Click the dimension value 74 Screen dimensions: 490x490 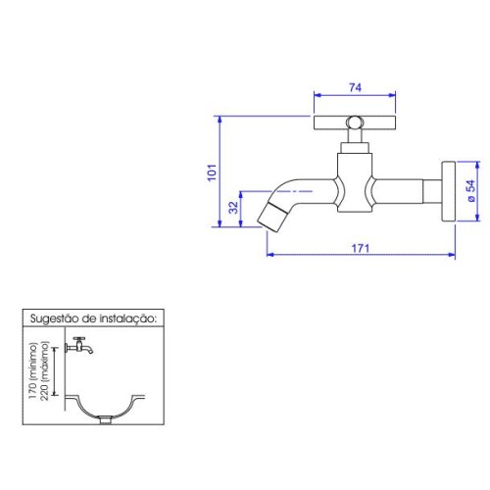point(355,87)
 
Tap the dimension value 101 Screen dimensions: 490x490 point(212,172)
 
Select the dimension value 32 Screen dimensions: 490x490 point(233,208)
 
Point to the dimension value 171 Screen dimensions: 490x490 point(361,248)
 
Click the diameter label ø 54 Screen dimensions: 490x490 point(470,191)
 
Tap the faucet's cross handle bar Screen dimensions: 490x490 point(355,122)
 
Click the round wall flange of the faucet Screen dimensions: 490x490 point(449,191)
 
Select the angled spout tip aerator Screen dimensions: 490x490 point(272,217)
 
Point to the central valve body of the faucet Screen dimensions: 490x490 point(355,183)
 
